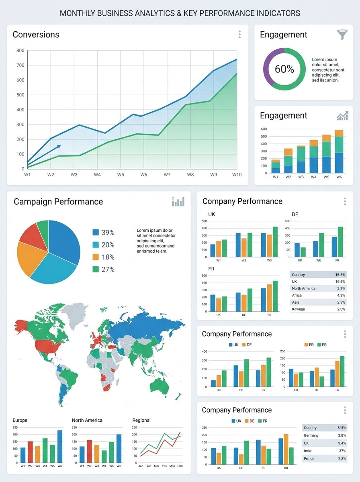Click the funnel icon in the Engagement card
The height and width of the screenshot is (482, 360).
[x=342, y=35]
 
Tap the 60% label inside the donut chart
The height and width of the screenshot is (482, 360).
[x=284, y=69]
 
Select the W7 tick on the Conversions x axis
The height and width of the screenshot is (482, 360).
[x=167, y=175]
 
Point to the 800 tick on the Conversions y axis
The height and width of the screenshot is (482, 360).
[x=20, y=51]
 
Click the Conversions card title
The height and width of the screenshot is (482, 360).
[x=36, y=35]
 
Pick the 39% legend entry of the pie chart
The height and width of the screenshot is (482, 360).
[x=104, y=233]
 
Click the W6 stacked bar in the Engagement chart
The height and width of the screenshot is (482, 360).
[x=339, y=151]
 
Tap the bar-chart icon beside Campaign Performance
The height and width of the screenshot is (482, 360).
[x=178, y=202]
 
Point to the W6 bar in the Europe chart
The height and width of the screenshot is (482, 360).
[x=60, y=446]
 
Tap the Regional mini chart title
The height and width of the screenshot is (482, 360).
[x=141, y=420]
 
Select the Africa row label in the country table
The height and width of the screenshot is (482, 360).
[x=297, y=296]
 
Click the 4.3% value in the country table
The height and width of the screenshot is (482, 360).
[x=340, y=296]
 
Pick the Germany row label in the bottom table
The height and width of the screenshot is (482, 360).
[x=311, y=435]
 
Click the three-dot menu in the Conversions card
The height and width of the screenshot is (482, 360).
[x=239, y=35]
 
